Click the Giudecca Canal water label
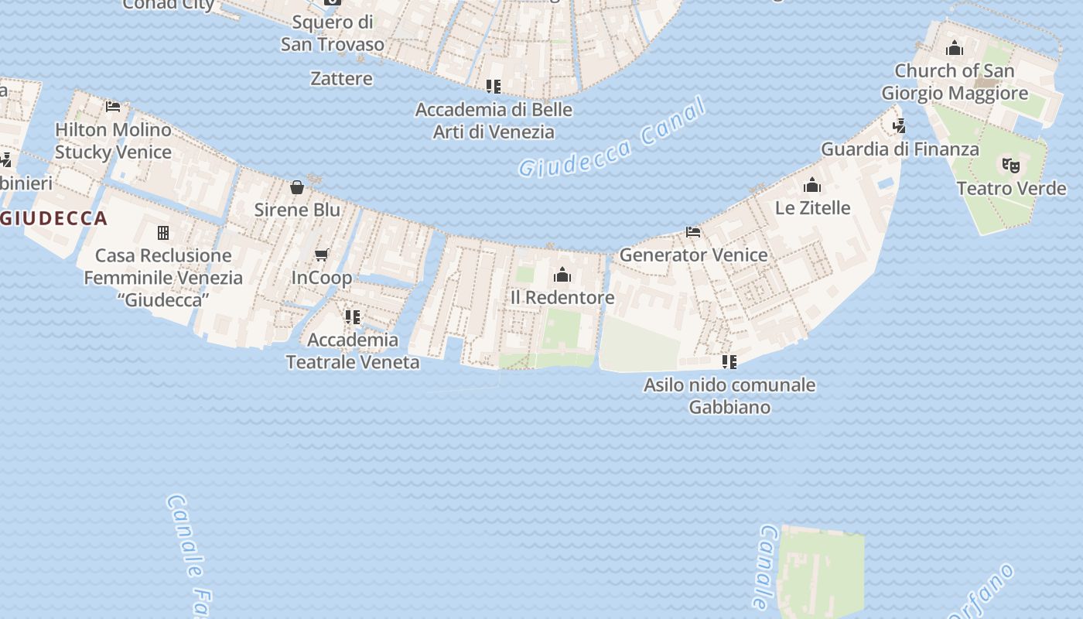[612, 139]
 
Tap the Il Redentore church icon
[562, 275]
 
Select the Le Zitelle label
[812, 207]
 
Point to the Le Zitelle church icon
[811, 185]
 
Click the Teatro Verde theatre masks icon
[1010, 165]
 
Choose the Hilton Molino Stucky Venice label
[113, 141]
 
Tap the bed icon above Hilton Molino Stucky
[113, 106]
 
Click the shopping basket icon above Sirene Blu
[297, 186]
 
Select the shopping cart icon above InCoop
[322, 255]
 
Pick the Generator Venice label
[693, 255]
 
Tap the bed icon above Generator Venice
[693, 231]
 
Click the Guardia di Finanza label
[900, 149]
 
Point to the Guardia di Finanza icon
[899, 125]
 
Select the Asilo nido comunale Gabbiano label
[729, 395]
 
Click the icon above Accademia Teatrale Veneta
[353, 316]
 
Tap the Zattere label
[341, 78]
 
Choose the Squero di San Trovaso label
[332, 33]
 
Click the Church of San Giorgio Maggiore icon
[955, 48]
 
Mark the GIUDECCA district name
[54, 218]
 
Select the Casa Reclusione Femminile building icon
[163, 232]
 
